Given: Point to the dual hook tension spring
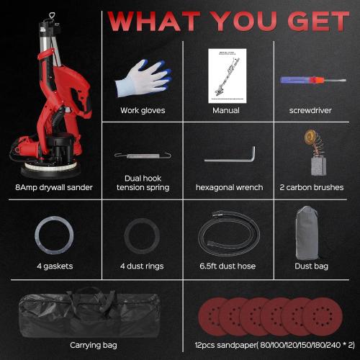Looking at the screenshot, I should coord(142,155).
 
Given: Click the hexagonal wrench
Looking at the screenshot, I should coord(230,156).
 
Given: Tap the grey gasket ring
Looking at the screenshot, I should coord(53,236).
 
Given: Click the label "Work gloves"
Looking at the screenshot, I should coord(143,111).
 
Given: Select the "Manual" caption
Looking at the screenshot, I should coord(226,111).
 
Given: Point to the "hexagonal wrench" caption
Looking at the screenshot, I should coord(230,188).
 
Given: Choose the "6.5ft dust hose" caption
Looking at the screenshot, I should coord(230,266).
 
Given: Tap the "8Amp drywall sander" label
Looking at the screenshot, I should coord(49,188).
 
